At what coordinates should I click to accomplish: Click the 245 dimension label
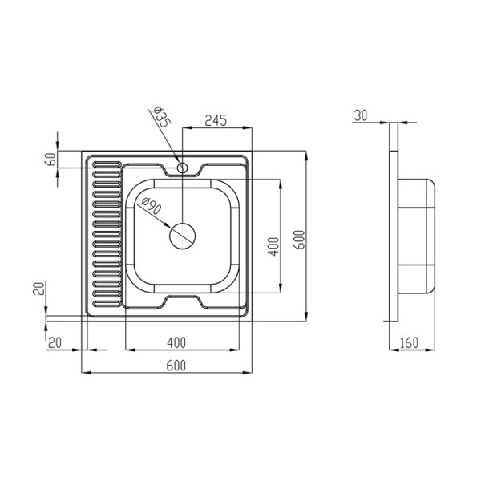click(x=216, y=120)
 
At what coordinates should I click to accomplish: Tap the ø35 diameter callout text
click(x=162, y=117)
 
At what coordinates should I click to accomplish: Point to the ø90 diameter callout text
click(x=152, y=205)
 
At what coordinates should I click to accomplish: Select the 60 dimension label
click(x=51, y=160)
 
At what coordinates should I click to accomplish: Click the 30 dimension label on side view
click(x=361, y=115)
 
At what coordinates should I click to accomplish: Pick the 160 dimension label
click(x=410, y=342)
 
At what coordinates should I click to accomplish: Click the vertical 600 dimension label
click(x=300, y=240)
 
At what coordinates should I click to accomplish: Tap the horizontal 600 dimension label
click(x=176, y=366)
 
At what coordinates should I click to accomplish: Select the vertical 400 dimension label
click(x=274, y=246)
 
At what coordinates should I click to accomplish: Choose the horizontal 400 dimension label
click(x=176, y=342)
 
